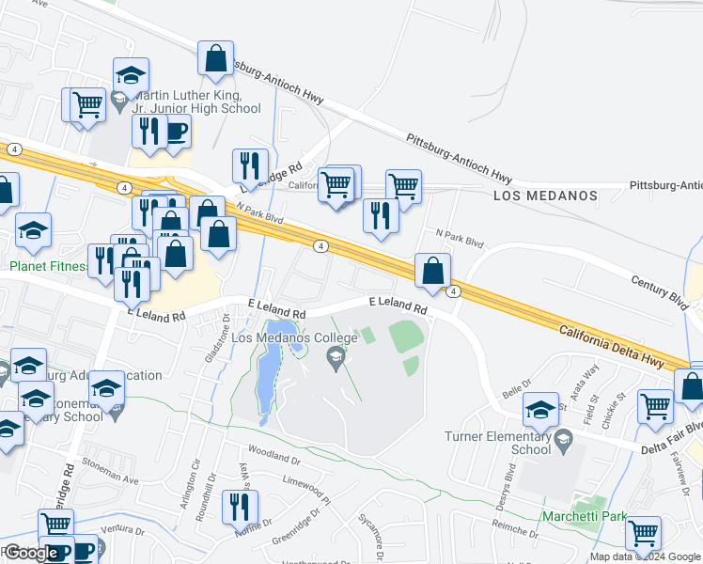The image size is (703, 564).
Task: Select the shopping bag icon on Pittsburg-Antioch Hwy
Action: tap(215, 58)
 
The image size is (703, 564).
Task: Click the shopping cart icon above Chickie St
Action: tap(655, 405)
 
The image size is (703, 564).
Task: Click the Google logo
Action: tap(31, 553)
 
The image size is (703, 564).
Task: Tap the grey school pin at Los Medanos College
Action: tap(334, 356)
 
